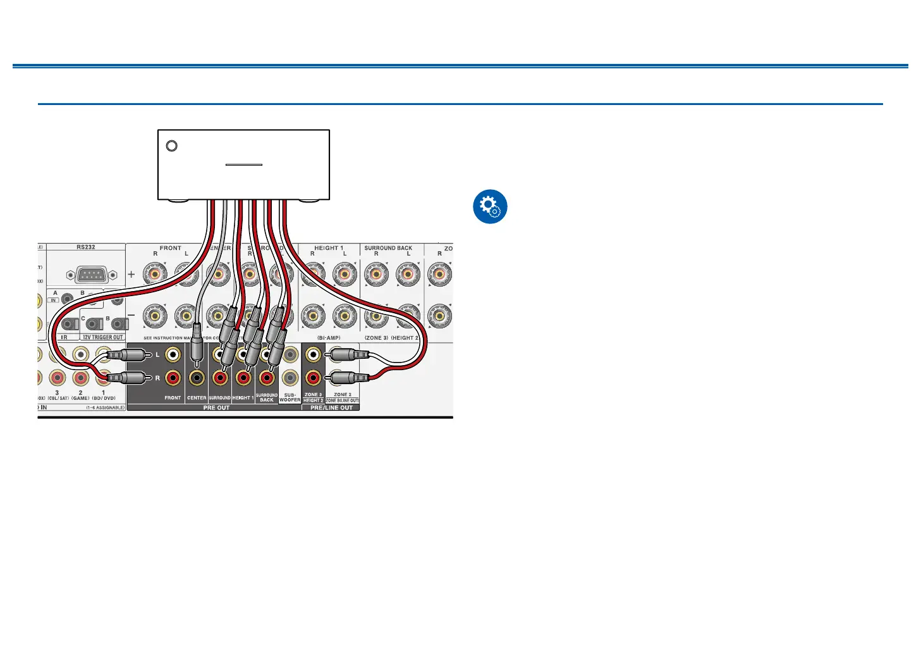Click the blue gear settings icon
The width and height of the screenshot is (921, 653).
tap(490, 206)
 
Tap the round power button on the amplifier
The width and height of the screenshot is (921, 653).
tap(171, 146)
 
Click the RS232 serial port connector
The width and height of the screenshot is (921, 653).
tap(91, 275)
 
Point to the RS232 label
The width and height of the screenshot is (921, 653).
tap(86, 247)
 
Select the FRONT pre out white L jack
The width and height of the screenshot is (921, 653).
tap(173, 355)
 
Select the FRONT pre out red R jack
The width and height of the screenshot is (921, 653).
tap(173, 378)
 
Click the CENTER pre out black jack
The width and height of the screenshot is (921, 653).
tap(197, 378)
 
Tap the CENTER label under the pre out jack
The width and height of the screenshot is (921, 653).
tap(197, 398)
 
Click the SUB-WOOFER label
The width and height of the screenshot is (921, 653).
tap(290, 397)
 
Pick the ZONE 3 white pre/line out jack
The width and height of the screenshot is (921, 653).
tap(312, 355)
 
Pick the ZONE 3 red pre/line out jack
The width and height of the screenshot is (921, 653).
tap(312, 378)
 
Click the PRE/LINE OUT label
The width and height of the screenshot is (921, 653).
tap(331, 408)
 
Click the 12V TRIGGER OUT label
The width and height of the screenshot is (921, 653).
tap(103, 337)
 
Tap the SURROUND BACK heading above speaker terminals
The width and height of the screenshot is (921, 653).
tap(388, 248)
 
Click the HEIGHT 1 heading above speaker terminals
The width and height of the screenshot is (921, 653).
tap(329, 248)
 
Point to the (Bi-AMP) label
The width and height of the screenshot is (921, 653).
tap(329, 338)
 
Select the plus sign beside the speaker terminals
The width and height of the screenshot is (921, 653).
tap(131, 275)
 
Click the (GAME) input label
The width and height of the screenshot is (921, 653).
tap(80, 399)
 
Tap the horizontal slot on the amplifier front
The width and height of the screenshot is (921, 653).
tap(244, 165)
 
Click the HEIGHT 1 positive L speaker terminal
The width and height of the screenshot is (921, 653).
tap(345, 275)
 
